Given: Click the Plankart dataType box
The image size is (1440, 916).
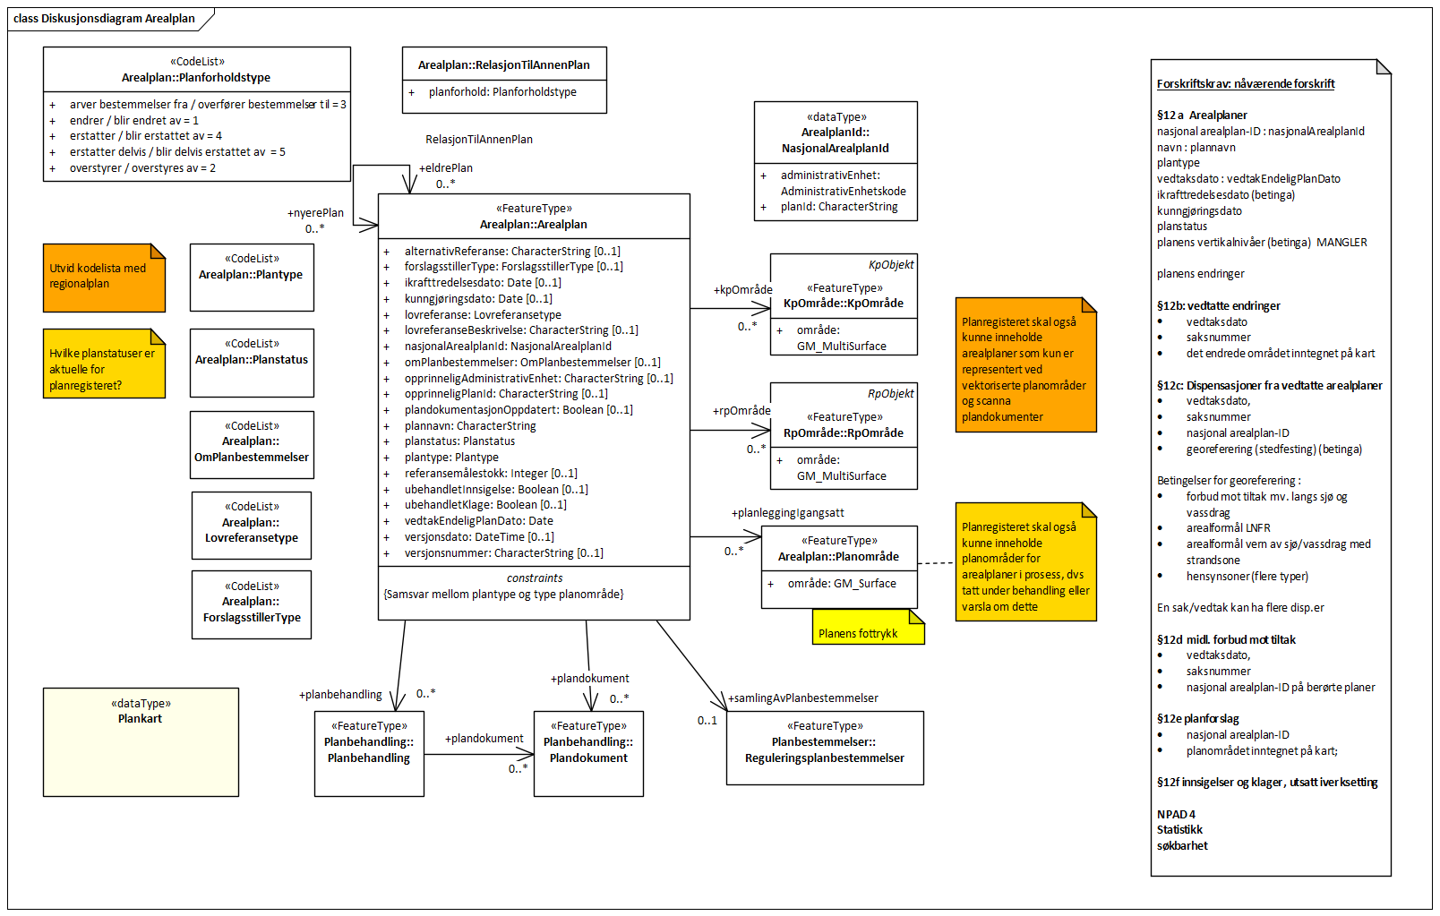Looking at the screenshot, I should pyautogui.click(x=141, y=741).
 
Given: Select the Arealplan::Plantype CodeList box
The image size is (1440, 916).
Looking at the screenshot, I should pyautogui.click(x=252, y=277).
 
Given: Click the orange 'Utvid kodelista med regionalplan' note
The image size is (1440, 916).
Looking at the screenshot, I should pyautogui.click(x=103, y=277).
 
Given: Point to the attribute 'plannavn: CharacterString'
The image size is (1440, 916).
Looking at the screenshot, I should pyautogui.click(x=470, y=426).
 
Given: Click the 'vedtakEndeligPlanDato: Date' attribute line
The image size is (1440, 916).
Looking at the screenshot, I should pyautogui.click(x=478, y=521).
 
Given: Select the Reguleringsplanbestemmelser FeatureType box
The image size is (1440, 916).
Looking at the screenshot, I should pyautogui.click(x=824, y=748).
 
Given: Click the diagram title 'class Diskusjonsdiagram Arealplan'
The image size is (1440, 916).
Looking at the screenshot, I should pyautogui.click(x=104, y=18).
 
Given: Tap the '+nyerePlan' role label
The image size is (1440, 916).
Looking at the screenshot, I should pyautogui.click(x=315, y=213).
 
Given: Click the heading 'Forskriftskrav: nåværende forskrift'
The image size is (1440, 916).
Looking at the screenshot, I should pyautogui.click(x=1245, y=84).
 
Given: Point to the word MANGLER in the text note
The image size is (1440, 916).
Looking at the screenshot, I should pyautogui.click(x=1341, y=243).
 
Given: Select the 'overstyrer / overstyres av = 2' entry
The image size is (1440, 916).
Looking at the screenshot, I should pyautogui.click(x=142, y=168).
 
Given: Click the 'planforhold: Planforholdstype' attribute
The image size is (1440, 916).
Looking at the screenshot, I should pyautogui.click(x=502, y=92).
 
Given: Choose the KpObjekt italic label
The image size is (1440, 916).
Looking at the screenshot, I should pyautogui.click(x=891, y=265).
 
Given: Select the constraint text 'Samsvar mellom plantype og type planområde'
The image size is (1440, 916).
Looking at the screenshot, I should pyautogui.click(x=503, y=595).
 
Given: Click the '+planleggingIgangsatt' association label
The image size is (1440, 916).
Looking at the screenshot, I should pyautogui.click(x=787, y=513).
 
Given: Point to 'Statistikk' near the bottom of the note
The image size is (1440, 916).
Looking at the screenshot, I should pyautogui.click(x=1179, y=830).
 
